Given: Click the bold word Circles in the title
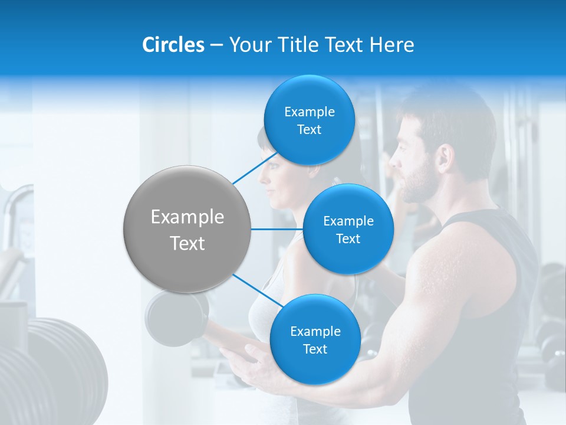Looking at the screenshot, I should tap(173, 45).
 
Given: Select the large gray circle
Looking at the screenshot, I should tap(187, 229).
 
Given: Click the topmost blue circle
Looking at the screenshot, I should tap(309, 120).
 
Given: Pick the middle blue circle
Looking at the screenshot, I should tap(348, 229).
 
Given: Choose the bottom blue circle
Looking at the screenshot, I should tap(315, 339).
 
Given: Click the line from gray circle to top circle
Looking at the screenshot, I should tap(255, 167).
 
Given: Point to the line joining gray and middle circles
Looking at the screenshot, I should tap(277, 229).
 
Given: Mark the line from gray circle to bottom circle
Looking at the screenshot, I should tap(258, 290).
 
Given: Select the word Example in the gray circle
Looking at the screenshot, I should tap(187, 217).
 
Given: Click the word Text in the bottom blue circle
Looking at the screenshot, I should tap(315, 349).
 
